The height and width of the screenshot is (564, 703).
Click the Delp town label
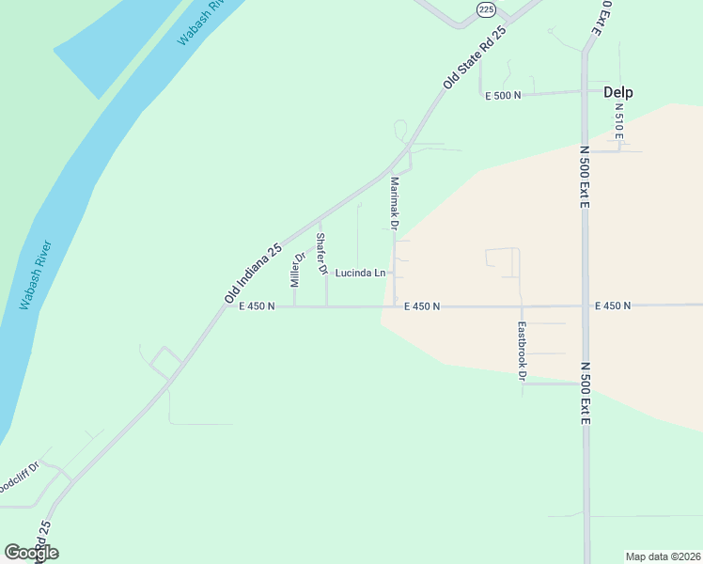pyautogui.click(x=617, y=92)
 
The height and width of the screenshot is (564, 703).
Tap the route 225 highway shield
pyautogui.click(x=485, y=8)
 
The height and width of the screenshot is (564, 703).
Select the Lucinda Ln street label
pyautogui.click(x=360, y=274)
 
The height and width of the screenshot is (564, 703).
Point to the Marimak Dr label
pyautogui.click(x=395, y=204)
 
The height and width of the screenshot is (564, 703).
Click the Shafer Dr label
pyautogui.click(x=321, y=254)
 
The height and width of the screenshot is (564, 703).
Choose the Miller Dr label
pyautogui.click(x=298, y=270)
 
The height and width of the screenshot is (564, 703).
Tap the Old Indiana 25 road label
pyautogui.click(x=254, y=274)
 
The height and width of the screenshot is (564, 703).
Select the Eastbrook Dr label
pyautogui.click(x=523, y=351)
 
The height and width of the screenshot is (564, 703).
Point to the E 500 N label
pyautogui.click(x=503, y=96)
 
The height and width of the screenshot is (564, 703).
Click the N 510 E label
pyautogui.click(x=618, y=121)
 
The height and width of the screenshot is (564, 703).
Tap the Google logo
pyautogui.click(x=31, y=553)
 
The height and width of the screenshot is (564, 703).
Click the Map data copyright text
pyautogui.click(x=664, y=556)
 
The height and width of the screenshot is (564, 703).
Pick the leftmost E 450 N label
pyautogui.click(x=257, y=305)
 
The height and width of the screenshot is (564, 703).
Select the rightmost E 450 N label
pyautogui.click(x=613, y=305)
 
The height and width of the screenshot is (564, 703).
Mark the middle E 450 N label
pyautogui.click(x=422, y=306)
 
